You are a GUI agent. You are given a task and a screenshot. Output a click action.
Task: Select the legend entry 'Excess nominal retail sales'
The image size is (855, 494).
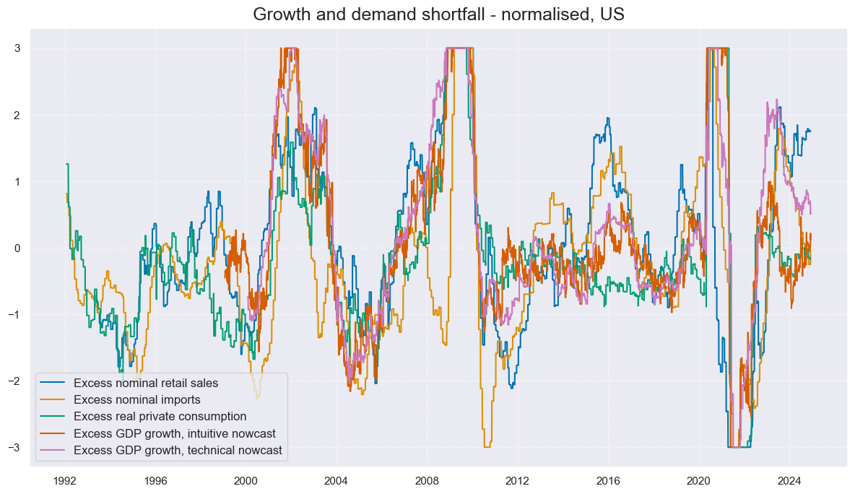click(145, 383)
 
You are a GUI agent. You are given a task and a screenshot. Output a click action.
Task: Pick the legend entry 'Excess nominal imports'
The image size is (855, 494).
click(136, 399)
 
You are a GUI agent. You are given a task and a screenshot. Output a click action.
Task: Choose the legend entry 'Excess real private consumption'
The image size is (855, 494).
click(160, 417)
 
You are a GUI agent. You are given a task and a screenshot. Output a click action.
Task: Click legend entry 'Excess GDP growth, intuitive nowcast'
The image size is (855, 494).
click(174, 434)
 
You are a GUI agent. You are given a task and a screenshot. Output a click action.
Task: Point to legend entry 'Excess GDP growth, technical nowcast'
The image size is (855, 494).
click(177, 451)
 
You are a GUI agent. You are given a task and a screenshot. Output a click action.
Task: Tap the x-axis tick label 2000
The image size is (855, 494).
click(246, 480)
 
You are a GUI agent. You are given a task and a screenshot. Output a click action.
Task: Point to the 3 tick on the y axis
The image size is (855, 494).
click(17, 48)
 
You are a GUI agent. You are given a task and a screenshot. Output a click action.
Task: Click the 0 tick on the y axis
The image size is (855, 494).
click(17, 248)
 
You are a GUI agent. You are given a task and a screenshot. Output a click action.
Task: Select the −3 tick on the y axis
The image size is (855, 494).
click(14, 448)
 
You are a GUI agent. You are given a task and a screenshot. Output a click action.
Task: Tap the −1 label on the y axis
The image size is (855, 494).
click(14, 314)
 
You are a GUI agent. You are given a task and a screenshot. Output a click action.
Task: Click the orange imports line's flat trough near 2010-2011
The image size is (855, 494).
click(488, 447)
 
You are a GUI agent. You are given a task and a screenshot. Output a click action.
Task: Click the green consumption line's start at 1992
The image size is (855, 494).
click(66, 164)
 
